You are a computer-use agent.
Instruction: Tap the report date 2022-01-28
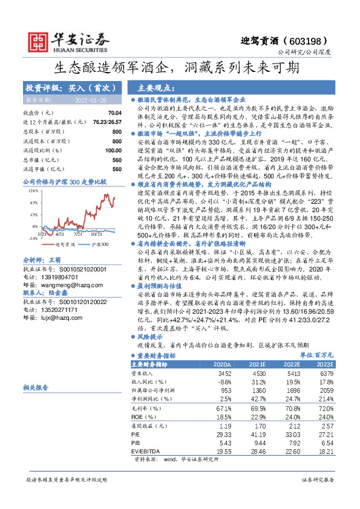pos(89,99)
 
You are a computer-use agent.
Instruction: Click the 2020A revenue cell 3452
pos(224,374)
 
